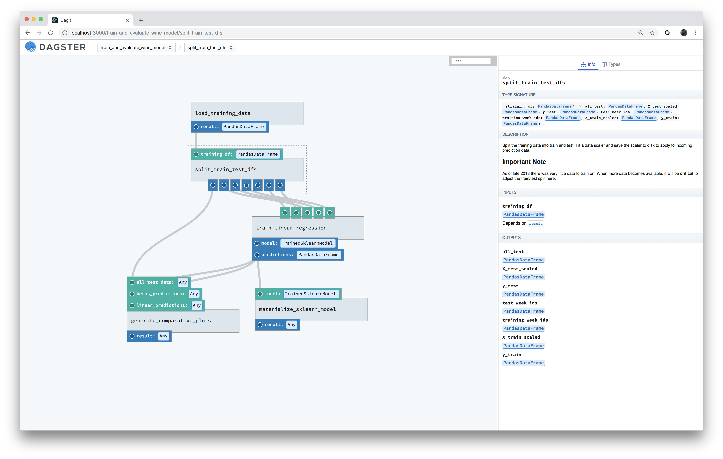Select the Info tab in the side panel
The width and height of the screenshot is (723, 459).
(x=588, y=64)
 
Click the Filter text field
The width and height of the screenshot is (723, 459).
(x=471, y=61)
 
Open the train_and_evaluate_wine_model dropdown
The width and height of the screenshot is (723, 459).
(x=136, y=48)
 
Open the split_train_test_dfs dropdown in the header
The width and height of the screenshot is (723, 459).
(x=210, y=48)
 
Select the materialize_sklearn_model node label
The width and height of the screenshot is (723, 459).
(x=297, y=309)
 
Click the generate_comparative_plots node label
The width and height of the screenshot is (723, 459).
(x=171, y=320)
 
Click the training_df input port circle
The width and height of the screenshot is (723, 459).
(x=196, y=154)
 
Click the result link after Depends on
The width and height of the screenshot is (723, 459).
(x=536, y=223)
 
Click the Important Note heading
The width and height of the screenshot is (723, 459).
(x=524, y=162)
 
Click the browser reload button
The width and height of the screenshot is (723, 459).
(x=51, y=33)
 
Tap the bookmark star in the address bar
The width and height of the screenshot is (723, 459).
(x=652, y=33)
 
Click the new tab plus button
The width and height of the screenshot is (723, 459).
(x=141, y=20)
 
